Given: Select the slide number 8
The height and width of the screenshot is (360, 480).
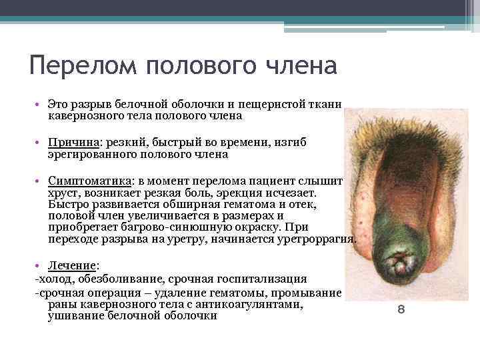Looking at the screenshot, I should (x=401, y=310).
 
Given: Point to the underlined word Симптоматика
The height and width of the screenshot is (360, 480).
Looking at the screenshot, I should (x=89, y=181).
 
